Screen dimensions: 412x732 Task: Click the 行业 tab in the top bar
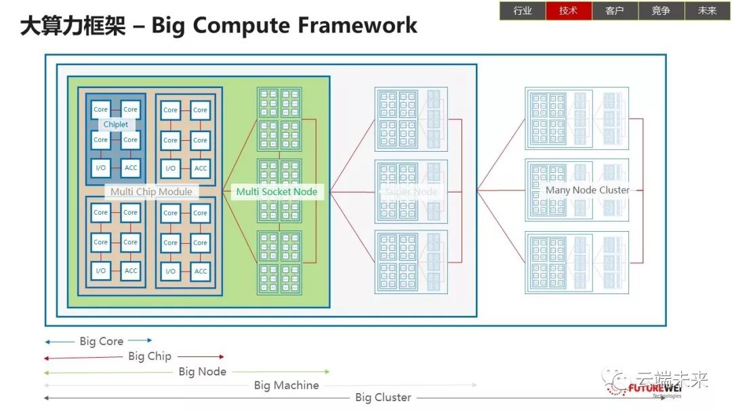click(523, 11)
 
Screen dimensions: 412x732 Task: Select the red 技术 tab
click(569, 11)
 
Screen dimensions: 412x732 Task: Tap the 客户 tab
click(615, 11)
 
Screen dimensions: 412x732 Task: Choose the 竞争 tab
click(661, 11)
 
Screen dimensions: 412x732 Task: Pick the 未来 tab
click(707, 11)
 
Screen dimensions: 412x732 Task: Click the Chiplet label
click(115, 125)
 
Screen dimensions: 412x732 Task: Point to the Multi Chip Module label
click(151, 192)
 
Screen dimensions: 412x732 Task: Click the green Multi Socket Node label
click(277, 192)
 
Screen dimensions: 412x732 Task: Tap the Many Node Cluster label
click(587, 190)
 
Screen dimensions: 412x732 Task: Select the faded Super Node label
click(411, 192)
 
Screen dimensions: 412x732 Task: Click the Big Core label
click(102, 341)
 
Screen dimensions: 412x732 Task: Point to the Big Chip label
click(150, 356)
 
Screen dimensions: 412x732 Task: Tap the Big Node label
click(202, 372)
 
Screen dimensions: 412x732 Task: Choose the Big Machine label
click(286, 386)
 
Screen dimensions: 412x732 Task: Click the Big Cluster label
click(383, 398)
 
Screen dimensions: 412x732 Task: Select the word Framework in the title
click(357, 26)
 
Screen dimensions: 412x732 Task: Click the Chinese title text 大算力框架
click(73, 26)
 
